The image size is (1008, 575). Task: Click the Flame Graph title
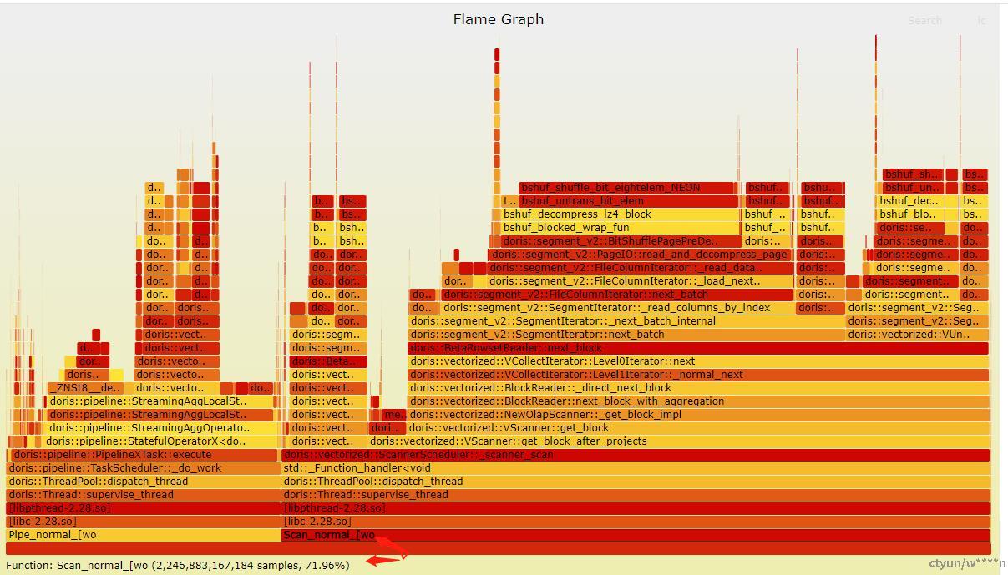[x=499, y=19]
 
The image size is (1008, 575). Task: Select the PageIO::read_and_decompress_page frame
[x=640, y=255]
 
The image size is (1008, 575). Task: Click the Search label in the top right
[x=924, y=21]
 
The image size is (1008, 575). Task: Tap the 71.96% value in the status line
[x=327, y=566]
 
